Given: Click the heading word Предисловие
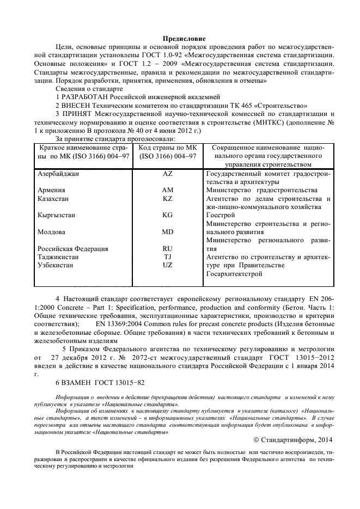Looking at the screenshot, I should coord(184,39).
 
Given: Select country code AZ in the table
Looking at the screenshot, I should coord(168,174).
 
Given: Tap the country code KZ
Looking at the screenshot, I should coord(168,199).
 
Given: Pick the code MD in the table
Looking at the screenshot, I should coord(168,232).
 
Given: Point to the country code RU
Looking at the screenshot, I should coord(168,248).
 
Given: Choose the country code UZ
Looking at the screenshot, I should coord(168,265).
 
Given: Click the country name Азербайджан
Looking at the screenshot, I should coord(59,174).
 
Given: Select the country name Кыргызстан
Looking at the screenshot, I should coord(57,215).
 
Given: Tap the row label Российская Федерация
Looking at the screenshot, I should coord(73,249).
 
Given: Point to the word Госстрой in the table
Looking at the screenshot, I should coord(221,216).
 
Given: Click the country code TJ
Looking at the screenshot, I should coord(168,256).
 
